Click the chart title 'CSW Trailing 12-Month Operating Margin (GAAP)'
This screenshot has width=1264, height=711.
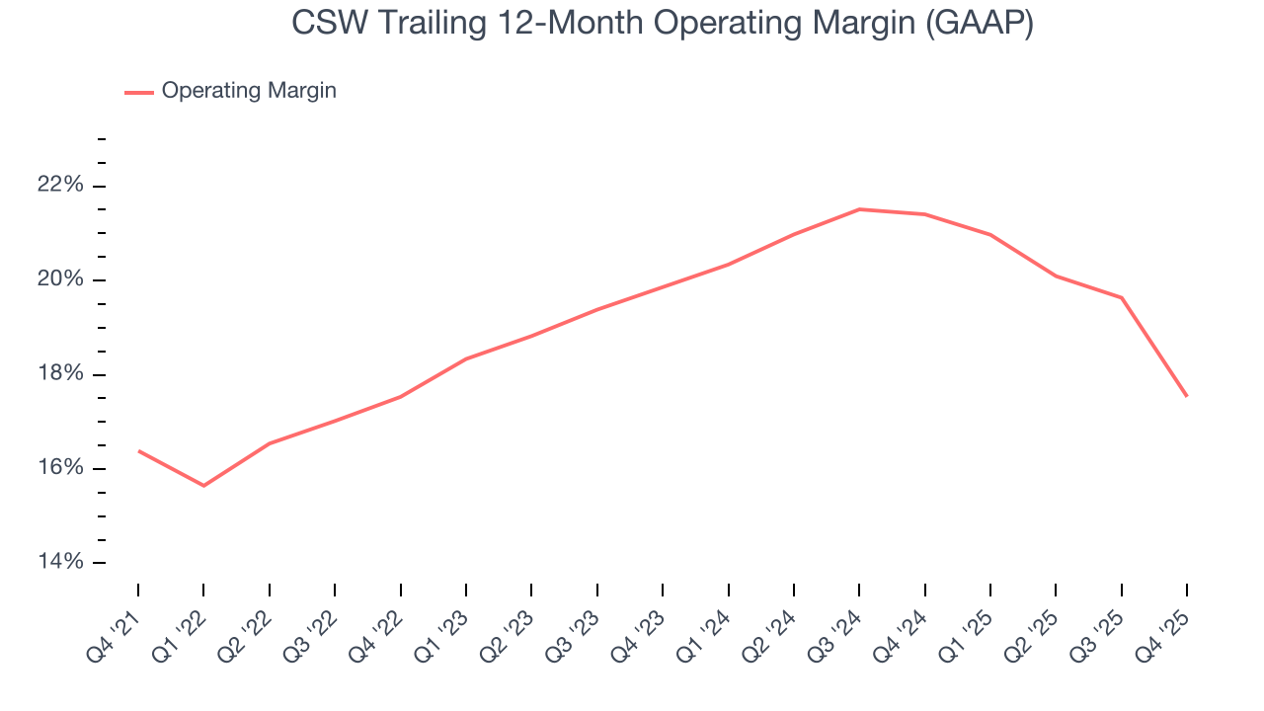[x=663, y=23]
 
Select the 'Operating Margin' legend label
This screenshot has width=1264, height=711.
[x=249, y=91]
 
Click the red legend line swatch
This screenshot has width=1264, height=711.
[x=139, y=92]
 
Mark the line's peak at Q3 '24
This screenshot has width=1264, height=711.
[x=859, y=209]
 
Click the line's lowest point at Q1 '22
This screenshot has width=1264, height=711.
[x=203, y=486]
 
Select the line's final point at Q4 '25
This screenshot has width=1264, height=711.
[x=1186, y=396]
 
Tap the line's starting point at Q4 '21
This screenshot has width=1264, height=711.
[x=138, y=451]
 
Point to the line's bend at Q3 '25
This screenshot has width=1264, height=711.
[x=1122, y=297]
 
